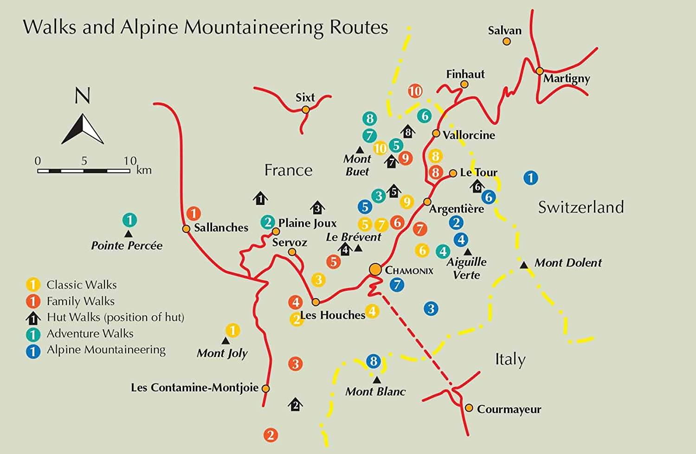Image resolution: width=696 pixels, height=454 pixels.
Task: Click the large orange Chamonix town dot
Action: click(x=375, y=269)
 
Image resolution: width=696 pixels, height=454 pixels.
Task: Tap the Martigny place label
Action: click(x=567, y=78)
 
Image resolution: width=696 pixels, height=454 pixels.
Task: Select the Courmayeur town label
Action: click(x=509, y=409)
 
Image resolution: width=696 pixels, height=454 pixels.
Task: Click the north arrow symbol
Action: click(x=83, y=129)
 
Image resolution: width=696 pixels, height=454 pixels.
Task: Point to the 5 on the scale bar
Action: click(x=84, y=161)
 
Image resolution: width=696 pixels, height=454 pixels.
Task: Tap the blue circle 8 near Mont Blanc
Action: click(x=374, y=361)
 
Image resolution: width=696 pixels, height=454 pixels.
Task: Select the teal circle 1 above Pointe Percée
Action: click(x=129, y=220)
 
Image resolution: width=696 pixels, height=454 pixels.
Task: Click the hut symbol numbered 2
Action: click(x=295, y=404)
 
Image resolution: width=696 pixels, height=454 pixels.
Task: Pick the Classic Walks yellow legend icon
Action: click(x=33, y=284)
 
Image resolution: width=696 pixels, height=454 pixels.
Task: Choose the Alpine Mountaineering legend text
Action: click(x=106, y=350)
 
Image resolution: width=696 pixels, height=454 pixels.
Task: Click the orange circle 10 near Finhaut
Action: click(x=415, y=91)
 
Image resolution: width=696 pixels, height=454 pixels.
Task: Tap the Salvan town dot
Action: click(x=507, y=41)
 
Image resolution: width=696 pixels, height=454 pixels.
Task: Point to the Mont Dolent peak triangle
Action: click(x=524, y=265)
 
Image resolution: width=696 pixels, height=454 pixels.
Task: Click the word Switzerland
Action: click(x=581, y=207)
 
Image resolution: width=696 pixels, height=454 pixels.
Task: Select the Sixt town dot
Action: click(x=305, y=109)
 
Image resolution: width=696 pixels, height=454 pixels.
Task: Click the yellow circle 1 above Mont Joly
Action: click(x=232, y=330)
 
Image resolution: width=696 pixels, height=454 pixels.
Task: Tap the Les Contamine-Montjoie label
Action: click(x=194, y=387)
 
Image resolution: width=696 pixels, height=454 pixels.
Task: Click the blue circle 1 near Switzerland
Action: click(x=530, y=178)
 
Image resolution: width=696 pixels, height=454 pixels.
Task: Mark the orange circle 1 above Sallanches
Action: click(x=193, y=213)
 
